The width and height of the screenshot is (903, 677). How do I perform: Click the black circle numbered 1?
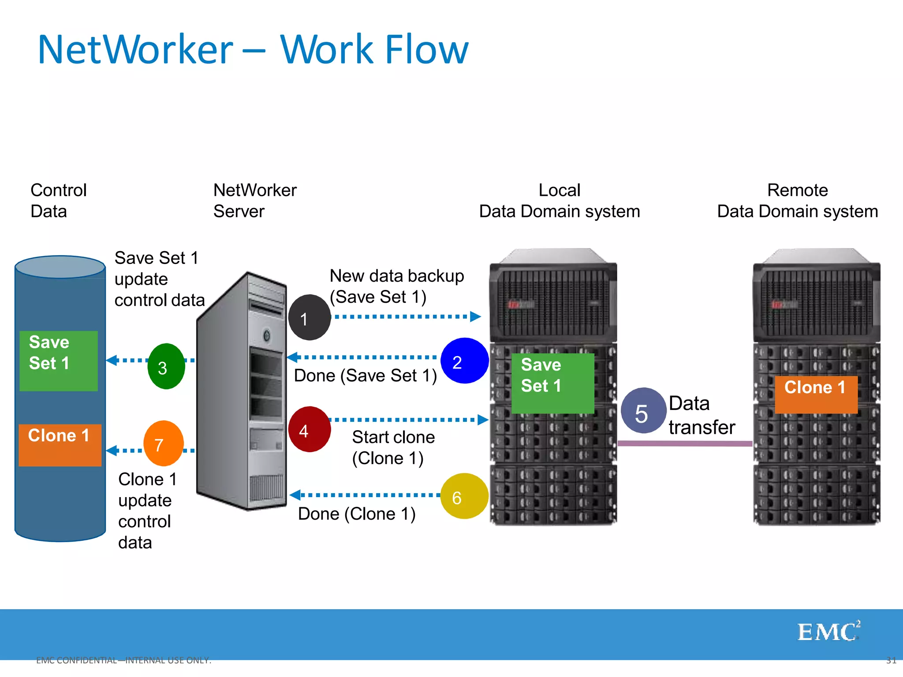pyautogui.click(x=309, y=317)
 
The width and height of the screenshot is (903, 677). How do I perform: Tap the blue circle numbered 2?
pyautogui.click(x=464, y=361)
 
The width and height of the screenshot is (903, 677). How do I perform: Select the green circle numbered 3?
pyautogui.click(x=166, y=366)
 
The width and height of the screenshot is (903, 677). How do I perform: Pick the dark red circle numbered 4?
pyautogui.click(x=309, y=429)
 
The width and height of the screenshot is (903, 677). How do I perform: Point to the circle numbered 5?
pyautogui.click(x=643, y=411)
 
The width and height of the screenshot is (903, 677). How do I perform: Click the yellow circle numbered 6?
pyautogui.click(x=464, y=496)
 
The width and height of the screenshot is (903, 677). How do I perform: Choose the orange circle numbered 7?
pyautogui.click(x=163, y=443)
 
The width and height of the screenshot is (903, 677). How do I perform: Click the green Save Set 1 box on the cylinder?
pyautogui.click(x=59, y=361)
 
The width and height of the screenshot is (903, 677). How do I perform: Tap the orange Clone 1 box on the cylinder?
pyautogui.click(x=60, y=445)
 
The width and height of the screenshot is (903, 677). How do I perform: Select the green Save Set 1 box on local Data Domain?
pyautogui.click(x=552, y=383)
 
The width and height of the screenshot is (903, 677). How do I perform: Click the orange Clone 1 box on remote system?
pyautogui.click(x=816, y=394)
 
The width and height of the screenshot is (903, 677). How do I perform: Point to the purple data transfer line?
pyautogui.click(x=684, y=443)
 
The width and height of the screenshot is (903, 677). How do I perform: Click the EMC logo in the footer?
pyautogui.click(x=828, y=631)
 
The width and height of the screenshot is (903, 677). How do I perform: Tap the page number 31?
pyautogui.click(x=891, y=660)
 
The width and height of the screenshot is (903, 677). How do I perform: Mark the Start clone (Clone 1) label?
pyautogui.click(x=393, y=447)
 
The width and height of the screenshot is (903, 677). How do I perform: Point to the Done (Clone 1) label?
pyautogui.click(x=357, y=514)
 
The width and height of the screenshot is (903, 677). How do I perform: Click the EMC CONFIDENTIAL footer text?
pyautogui.click(x=123, y=660)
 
